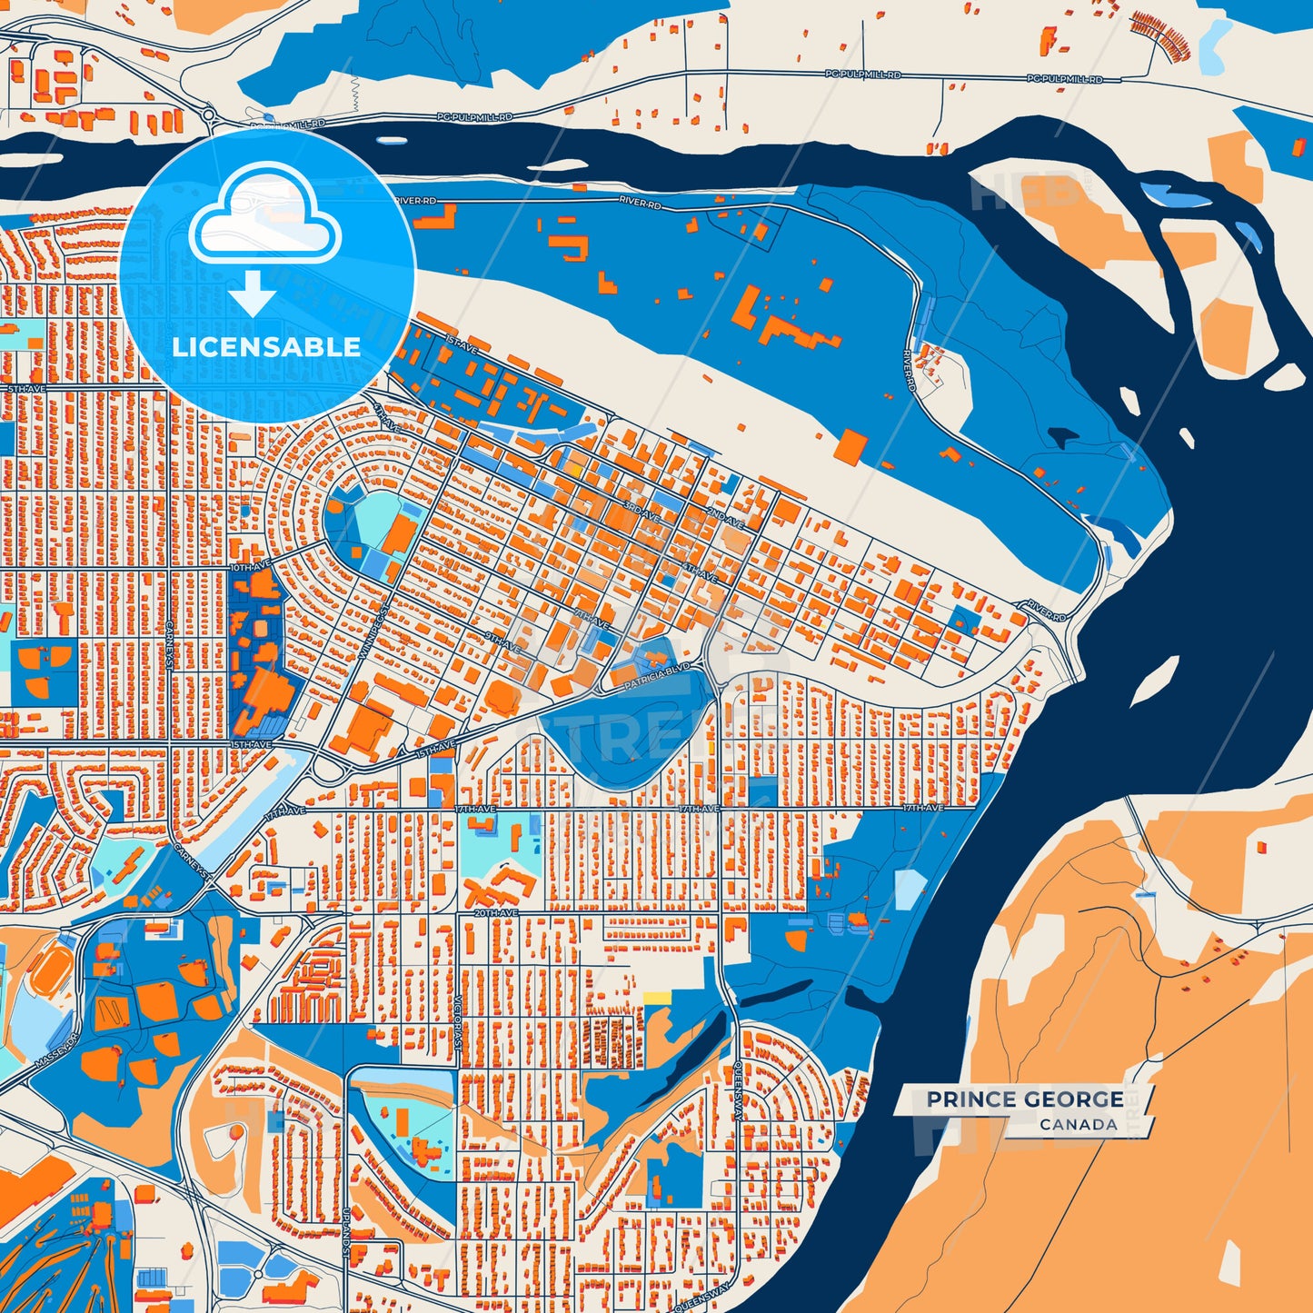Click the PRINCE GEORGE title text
pos(1024,1099)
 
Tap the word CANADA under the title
pos(1079,1125)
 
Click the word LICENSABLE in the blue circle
pos(266,347)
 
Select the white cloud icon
pos(264,214)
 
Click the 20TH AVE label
pos(496,912)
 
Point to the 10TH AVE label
pos(251,568)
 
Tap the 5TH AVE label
pos(26,389)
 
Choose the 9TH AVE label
pos(502,642)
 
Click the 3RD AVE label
pos(640,512)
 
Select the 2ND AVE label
pos(725,519)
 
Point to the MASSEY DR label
pos(58,1050)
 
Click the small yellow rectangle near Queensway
pos(657,998)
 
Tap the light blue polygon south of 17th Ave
pos(910,889)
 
